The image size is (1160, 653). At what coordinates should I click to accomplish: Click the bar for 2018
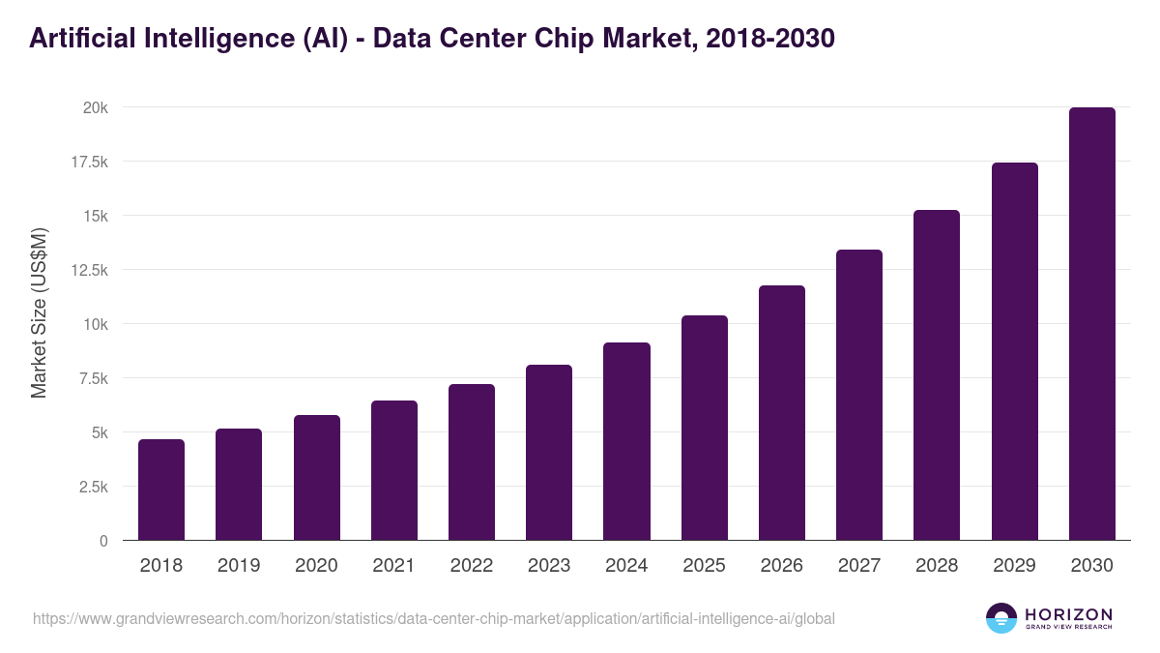161,490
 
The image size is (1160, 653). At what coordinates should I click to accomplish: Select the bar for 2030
1091,324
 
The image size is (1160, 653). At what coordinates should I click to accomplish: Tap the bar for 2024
626,442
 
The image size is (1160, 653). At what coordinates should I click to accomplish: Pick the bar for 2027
859,395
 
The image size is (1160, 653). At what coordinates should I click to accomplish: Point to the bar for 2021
394,471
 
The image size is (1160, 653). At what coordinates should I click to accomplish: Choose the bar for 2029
1014,351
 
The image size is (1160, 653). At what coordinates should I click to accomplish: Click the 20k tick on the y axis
94,107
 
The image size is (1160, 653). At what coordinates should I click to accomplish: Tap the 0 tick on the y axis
102,541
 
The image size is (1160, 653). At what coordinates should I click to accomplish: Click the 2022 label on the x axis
472,566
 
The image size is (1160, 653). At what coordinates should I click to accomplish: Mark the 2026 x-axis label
782,566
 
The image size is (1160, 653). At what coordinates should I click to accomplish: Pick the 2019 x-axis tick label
239,566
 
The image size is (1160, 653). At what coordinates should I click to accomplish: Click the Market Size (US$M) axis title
39,313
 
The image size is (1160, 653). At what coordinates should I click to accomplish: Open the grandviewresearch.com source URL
434,618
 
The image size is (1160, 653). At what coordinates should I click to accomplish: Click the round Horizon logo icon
1001,618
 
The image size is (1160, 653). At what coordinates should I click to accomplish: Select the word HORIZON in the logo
1068,613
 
